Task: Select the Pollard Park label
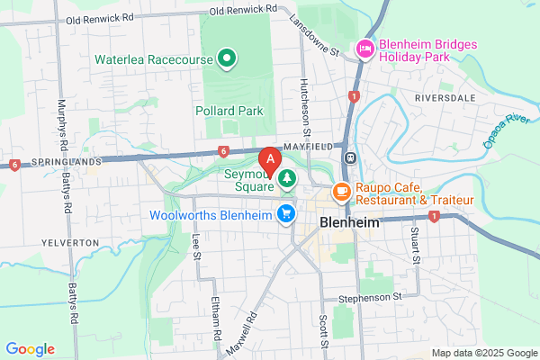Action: [229, 112]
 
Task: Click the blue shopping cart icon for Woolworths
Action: [286, 212]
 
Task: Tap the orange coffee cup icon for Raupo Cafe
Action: [342, 191]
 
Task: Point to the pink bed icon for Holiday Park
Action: [365, 48]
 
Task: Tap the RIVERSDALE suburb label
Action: [444, 94]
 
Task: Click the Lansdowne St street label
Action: [312, 35]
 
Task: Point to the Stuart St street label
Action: [417, 245]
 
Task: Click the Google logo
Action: [31, 349]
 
